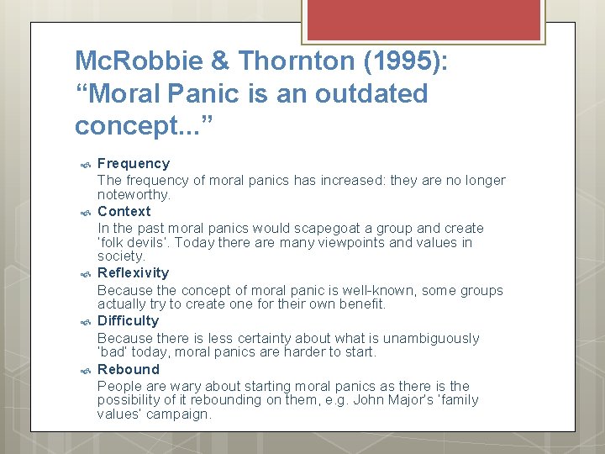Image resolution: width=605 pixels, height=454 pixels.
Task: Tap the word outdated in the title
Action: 371,93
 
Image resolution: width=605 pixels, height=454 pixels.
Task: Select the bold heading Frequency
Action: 134,163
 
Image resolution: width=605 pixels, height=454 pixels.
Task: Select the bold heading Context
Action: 124,211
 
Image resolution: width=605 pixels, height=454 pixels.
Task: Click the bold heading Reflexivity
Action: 133,272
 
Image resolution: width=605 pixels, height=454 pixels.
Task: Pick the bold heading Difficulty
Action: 128,320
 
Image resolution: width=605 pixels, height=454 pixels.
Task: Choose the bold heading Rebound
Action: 128,369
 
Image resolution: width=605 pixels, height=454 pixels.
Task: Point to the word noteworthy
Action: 133,194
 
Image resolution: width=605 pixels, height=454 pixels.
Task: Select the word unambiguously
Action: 430,338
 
